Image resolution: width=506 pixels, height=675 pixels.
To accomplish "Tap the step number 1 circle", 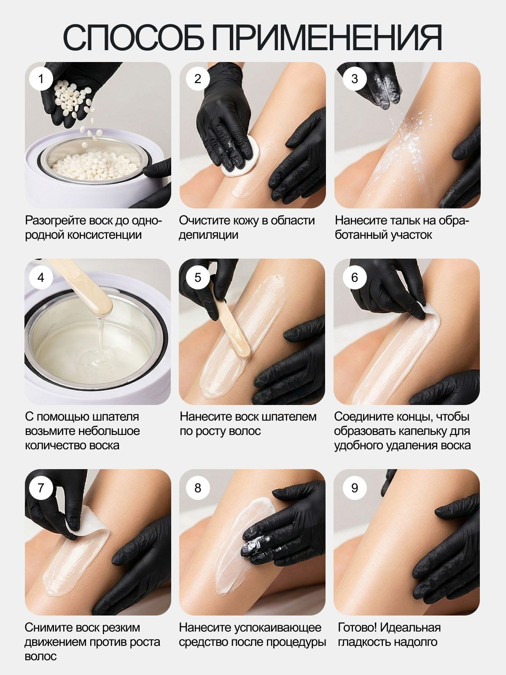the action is [x=41, y=79].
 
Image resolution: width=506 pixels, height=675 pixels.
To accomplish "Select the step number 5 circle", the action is [x=197, y=277].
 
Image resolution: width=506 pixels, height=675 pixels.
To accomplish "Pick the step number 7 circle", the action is [x=41, y=488].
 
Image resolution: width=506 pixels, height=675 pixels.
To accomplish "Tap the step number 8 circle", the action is [x=197, y=488].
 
